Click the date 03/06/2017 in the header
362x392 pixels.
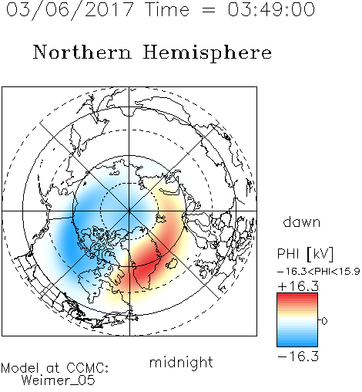coord(69,10)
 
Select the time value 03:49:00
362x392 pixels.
coord(271,9)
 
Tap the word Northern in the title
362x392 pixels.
coord(82,52)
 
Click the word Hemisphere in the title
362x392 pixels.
coord(207,53)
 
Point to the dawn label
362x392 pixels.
coord(302,221)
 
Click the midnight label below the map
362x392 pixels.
coord(181,362)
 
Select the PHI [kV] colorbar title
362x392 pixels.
coord(305,254)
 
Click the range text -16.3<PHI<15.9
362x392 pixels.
coord(318,272)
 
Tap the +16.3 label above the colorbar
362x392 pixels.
coord(298,286)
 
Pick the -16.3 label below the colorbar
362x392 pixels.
coord(298,357)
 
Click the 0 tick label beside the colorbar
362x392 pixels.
coord(324,321)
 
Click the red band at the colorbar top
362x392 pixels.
coord(297,299)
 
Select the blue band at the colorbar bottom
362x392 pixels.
coord(297,342)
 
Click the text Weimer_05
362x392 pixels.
coord(59,380)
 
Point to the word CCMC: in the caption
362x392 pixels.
coord(87,368)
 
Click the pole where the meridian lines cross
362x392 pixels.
coord(129,211)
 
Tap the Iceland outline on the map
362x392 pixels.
coord(172,264)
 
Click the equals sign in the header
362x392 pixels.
coord(209,10)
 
